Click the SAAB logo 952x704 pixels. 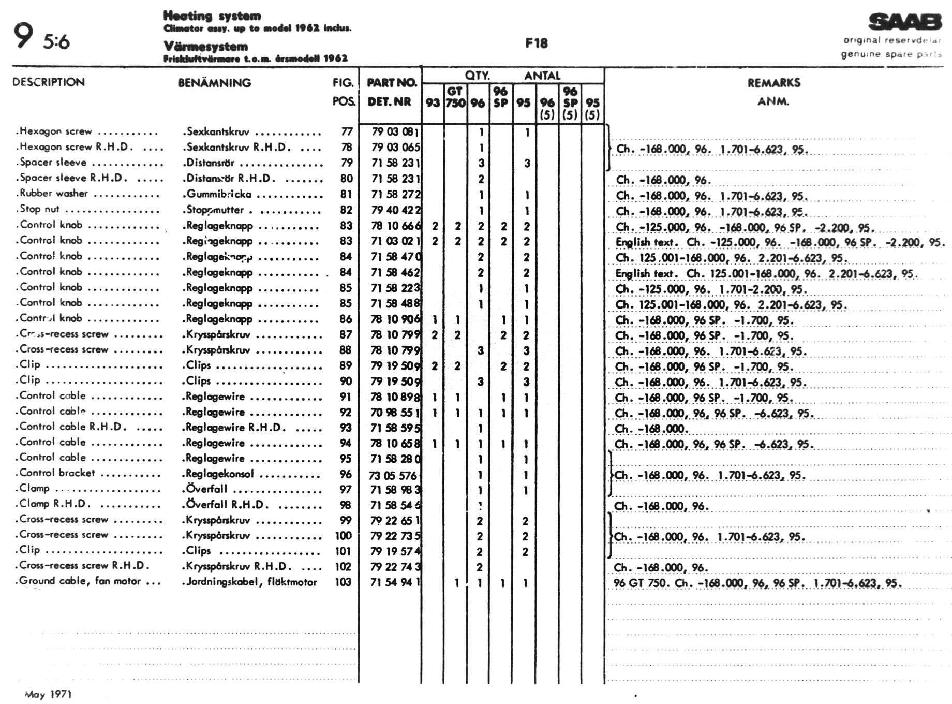tap(905, 22)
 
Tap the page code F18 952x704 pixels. tap(536, 43)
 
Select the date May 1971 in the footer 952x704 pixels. tap(48, 694)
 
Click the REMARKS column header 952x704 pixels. tap(773, 83)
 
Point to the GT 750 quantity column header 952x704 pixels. tap(455, 97)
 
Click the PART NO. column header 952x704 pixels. tap(391, 83)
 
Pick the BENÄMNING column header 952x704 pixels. tap(214, 83)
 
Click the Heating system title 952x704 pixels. tap(212, 16)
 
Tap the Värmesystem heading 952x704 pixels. tap(205, 47)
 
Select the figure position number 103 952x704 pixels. tap(343, 582)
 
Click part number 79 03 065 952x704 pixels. tap(396, 148)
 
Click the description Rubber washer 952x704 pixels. tap(53, 194)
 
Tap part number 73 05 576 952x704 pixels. tap(393, 475)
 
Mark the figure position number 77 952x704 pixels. tap(347, 132)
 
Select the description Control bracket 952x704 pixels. tap(57, 473)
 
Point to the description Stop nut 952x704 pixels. tap(39, 209)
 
